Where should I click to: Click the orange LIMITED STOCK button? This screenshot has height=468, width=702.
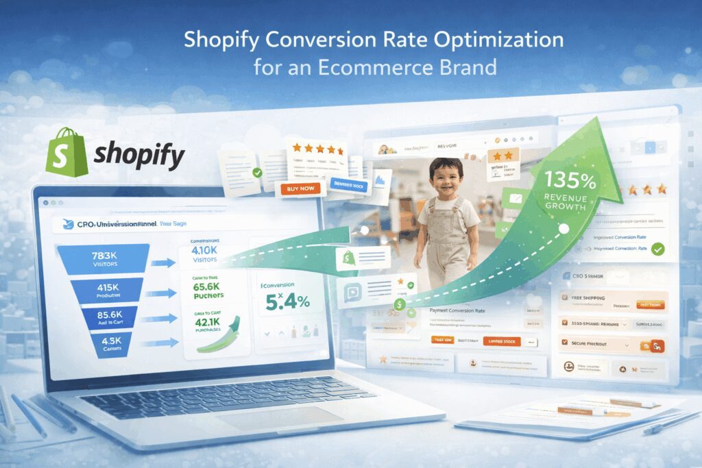pyautogui.click(x=502, y=341)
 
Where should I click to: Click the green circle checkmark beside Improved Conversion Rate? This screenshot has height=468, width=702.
pyautogui.click(x=659, y=249)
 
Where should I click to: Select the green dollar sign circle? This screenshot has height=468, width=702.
pyautogui.click(x=398, y=305)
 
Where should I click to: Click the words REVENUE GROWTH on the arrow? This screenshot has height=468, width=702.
pyautogui.click(x=566, y=201)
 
